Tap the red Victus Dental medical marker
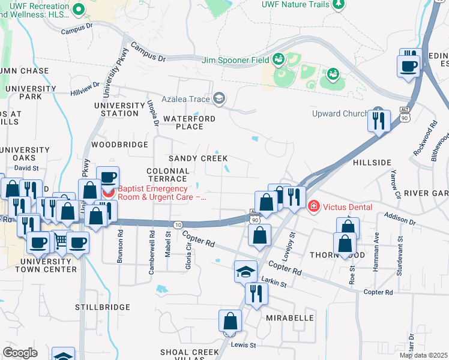(313, 207)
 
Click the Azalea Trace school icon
(219, 98)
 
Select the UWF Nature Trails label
(295, 4)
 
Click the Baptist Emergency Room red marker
(107, 193)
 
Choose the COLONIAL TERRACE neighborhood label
(167, 175)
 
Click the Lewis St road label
(244, 345)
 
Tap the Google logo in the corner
(20, 352)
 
